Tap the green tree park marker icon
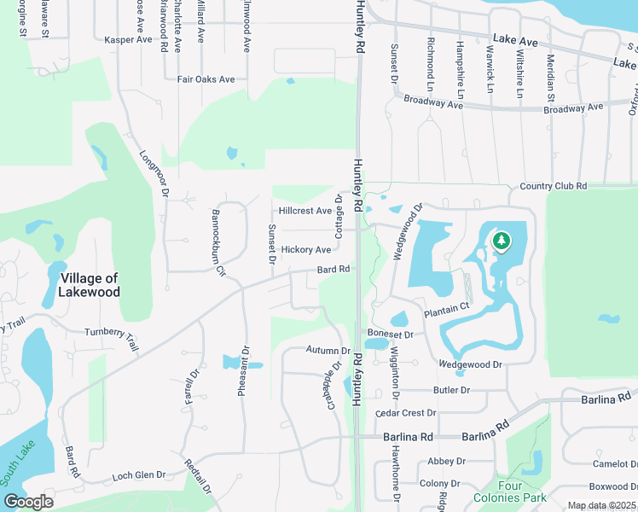pos(501,241)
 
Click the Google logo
pos(28,502)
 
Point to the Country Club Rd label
pos(553,186)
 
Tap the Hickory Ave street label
pos(305,250)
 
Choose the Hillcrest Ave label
pos(304,211)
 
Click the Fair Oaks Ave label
pos(206,79)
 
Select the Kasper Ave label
pos(127,40)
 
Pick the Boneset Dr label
pos(390,335)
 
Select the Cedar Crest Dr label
pos(406,413)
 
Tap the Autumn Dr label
pos(328,351)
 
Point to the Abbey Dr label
pos(446,461)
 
